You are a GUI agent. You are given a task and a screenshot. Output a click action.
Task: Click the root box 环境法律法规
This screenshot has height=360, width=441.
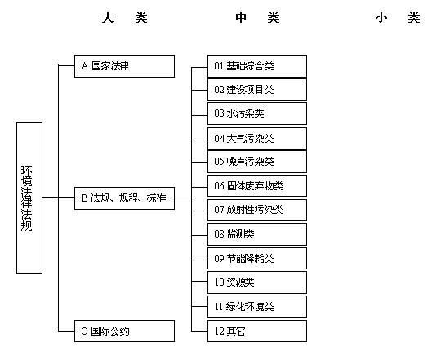tap(29, 198)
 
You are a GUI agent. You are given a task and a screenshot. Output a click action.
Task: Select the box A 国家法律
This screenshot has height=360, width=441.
tap(124, 66)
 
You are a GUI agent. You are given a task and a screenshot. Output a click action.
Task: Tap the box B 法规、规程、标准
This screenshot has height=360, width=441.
tap(124, 198)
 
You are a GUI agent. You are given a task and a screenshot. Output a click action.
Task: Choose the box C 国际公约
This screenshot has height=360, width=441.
tap(124, 331)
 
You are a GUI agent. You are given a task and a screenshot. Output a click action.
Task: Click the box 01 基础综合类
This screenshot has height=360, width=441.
tap(257, 66)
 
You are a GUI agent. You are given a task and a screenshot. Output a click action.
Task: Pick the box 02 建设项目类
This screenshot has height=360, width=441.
tap(257, 90)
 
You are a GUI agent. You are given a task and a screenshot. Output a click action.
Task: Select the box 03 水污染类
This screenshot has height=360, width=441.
tap(257, 113)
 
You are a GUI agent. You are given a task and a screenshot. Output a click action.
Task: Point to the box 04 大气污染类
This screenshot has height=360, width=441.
tap(257, 139)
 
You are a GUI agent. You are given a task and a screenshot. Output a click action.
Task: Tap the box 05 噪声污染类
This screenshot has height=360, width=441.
tap(257, 162)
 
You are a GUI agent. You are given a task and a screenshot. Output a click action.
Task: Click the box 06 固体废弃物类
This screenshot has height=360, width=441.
tap(257, 186)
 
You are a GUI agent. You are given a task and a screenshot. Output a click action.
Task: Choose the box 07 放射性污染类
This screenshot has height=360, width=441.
tap(257, 210)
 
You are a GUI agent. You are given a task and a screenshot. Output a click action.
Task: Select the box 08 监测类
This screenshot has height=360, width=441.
tap(257, 234)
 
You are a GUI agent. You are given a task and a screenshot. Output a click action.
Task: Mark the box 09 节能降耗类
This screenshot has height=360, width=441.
tap(257, 258)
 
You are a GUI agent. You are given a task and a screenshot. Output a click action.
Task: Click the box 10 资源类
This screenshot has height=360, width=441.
tap(257, 282)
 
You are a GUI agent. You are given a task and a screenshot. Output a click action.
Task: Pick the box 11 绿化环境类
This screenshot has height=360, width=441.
tap(257, 306)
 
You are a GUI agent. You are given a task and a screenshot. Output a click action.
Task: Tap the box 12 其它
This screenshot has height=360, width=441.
tap(257, 331)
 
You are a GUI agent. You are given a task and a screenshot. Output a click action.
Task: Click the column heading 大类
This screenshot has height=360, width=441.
tap(125, 18)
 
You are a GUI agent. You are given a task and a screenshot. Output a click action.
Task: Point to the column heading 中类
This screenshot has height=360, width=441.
tap(257, 18)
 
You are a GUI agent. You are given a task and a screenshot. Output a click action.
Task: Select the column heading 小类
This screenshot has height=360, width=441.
tap(398, 18)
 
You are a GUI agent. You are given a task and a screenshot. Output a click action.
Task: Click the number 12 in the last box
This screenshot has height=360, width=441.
tap(219, 331)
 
